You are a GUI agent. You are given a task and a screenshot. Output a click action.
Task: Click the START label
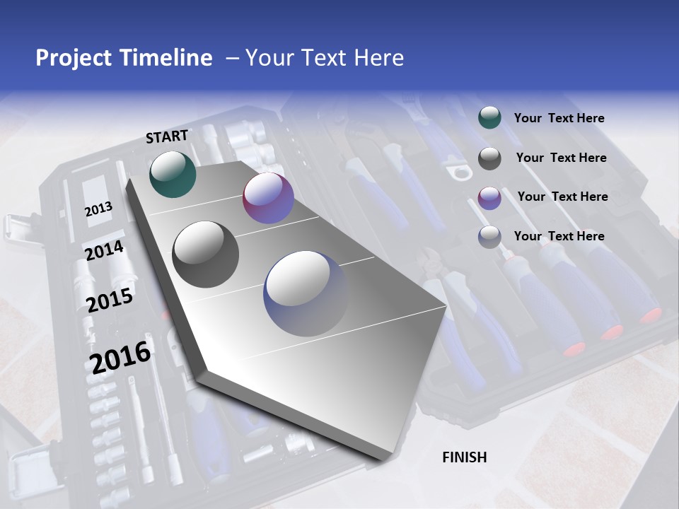167,136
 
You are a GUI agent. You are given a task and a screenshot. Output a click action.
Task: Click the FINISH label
465,457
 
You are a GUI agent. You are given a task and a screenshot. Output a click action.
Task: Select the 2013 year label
98,209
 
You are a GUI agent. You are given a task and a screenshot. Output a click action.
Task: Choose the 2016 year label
120,357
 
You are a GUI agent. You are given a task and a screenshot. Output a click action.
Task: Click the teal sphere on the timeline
173,174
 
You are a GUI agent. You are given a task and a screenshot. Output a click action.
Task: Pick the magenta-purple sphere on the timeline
268,198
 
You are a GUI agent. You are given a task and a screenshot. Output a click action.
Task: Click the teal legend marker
489,117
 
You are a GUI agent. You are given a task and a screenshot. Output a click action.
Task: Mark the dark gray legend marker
489,158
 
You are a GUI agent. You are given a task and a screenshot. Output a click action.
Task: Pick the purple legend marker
489,197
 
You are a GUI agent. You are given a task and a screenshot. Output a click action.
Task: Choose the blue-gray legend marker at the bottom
489,237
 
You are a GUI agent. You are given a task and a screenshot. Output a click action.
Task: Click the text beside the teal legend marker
559,119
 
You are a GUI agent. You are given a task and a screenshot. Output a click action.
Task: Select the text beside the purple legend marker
562,197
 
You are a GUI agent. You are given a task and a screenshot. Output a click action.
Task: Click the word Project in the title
74,58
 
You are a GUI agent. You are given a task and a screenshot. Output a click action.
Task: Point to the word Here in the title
379,58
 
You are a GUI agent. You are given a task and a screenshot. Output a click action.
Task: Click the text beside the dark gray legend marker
561,158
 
